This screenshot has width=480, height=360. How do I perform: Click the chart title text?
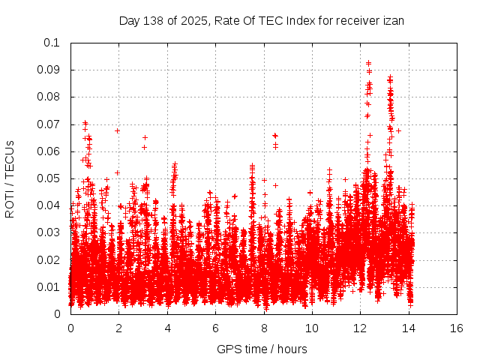(x=262, y=21)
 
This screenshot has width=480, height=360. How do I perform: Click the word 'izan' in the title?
(x=394, y=21)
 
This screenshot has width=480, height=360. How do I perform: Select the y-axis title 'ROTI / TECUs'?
(x=10, y=178)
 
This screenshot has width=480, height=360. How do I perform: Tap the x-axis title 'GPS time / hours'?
(x=262, y=349)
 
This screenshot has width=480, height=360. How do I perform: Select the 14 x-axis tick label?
(x=409, y=328)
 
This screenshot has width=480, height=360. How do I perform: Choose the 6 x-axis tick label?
(x=215, y=328)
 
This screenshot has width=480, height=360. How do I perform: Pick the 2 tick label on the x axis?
(x=119, y=328)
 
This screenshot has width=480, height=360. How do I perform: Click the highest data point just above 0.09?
(x=368, y=63)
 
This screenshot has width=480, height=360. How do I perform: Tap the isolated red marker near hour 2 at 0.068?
(x=118, y=130)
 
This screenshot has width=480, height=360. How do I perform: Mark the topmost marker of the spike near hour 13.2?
(x=390, y=76)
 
